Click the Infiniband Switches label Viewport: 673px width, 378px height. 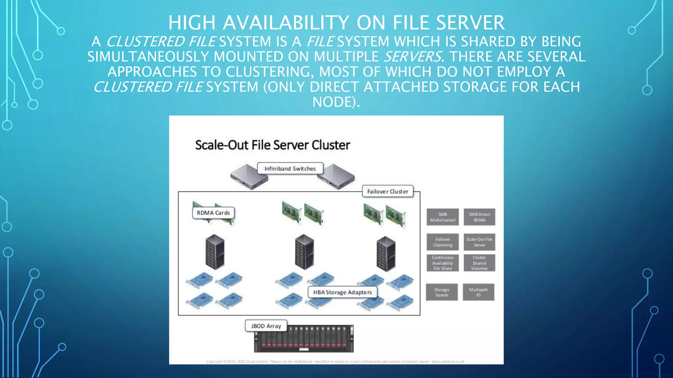click(290, 169)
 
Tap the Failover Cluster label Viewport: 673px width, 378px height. click(387, 191)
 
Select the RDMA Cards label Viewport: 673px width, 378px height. click(213, 213)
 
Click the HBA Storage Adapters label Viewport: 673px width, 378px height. click(342, 292)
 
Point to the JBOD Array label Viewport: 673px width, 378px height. click(266, 326)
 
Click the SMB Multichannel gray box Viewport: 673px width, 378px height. click(443, 217)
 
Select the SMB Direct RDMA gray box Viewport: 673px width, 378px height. click(479, 217)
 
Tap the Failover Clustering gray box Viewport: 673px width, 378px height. click(443, 242)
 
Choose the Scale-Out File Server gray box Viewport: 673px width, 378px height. click(479, 242)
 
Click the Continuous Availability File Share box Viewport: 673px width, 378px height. click(443, 263)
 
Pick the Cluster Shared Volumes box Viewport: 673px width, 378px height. click(479, 263)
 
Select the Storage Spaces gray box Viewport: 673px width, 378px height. click(442, 292)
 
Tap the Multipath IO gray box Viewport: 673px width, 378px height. click(478, 292)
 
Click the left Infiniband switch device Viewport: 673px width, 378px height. click(248, 178)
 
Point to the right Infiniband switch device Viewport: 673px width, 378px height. click(337, 178)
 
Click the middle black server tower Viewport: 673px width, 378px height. click(304, 252)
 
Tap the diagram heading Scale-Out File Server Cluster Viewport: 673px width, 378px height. click(272, 145)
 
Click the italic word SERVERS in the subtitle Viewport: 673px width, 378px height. click(413, 57)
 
